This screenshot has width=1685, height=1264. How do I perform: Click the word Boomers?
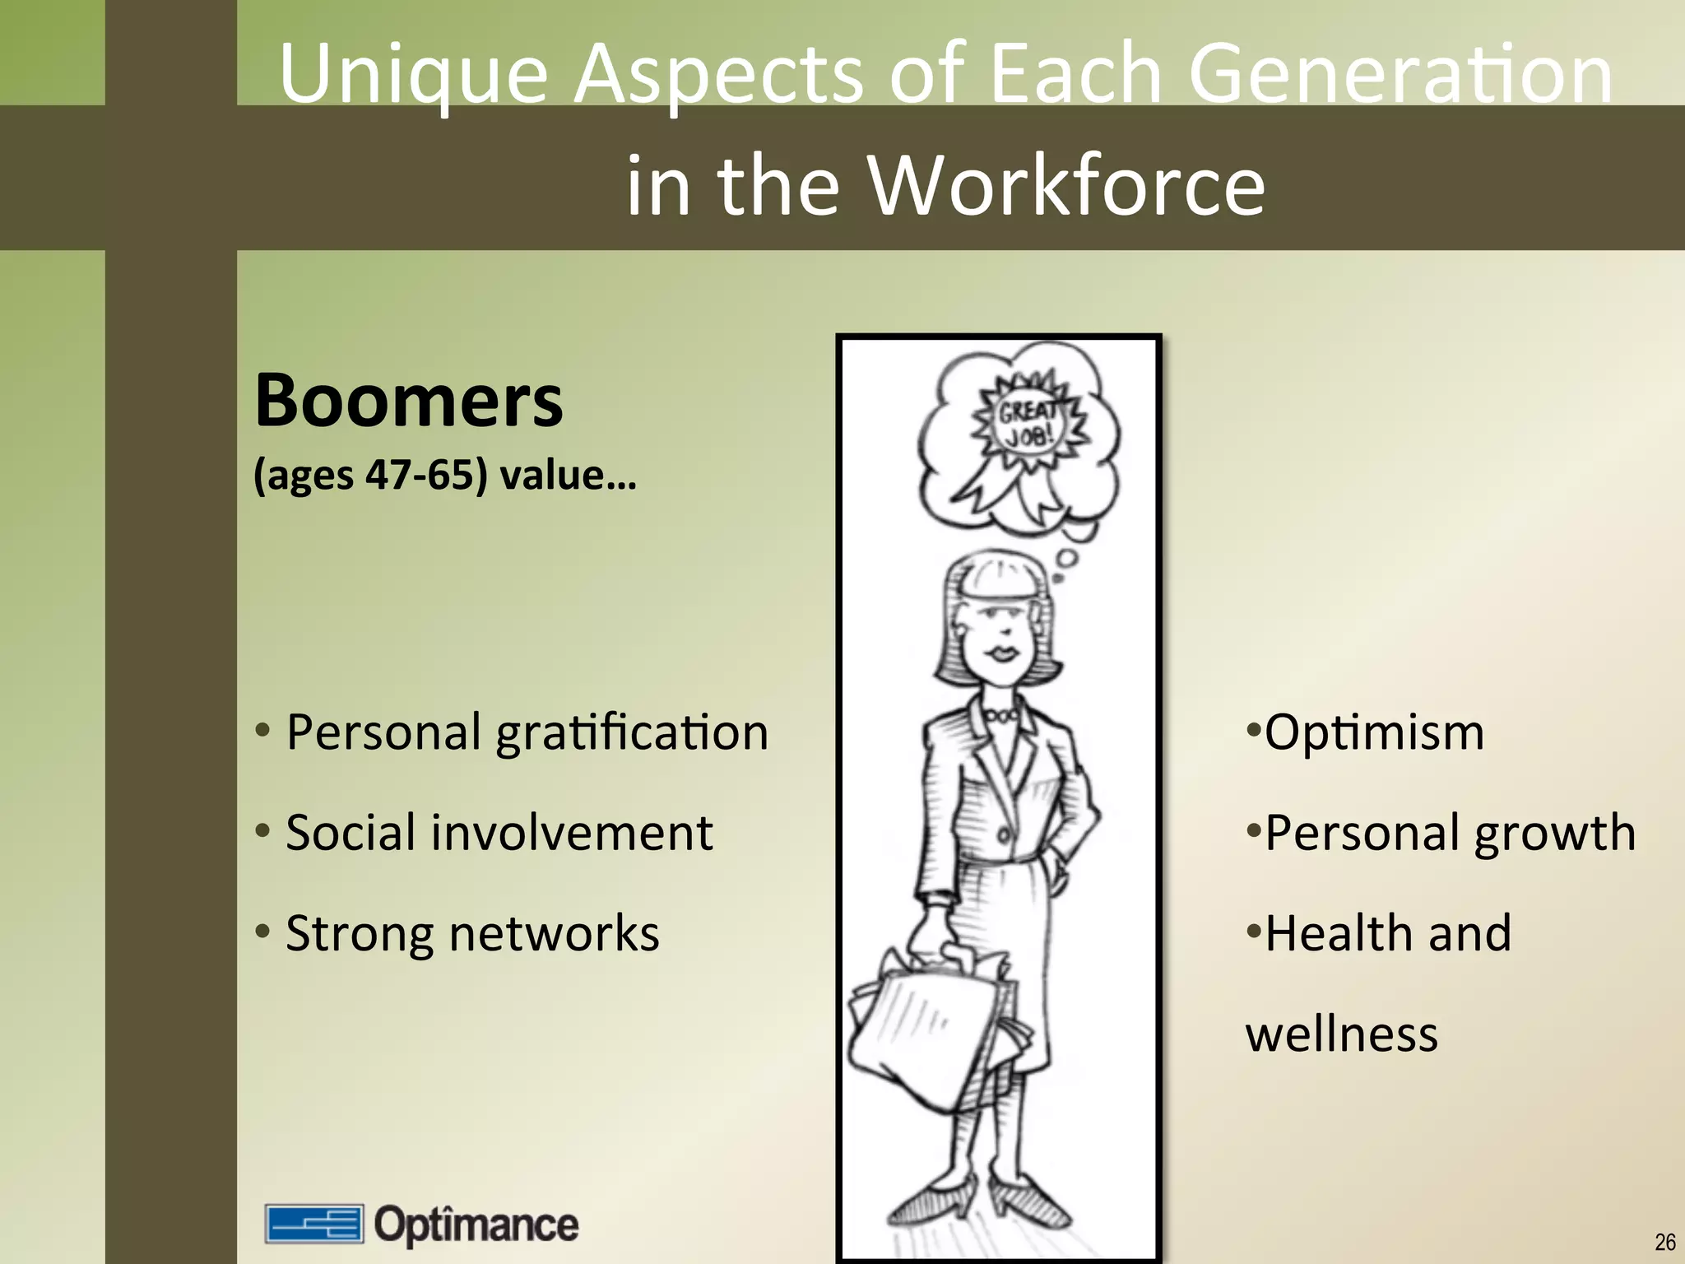click(409, 401)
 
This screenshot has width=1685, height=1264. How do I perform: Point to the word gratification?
click(632, 732)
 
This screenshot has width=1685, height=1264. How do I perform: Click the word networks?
click(554, 933)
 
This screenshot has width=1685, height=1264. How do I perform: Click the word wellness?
click(1342, 1034)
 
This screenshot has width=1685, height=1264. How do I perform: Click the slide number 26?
click(1664, 1242)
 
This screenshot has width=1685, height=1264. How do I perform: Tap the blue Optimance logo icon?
click(313, 1224)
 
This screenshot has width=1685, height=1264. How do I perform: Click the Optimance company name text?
click(476, 1224)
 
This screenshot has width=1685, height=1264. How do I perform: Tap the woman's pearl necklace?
click(1001, 716)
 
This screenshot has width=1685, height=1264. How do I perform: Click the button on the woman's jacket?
click(1004, 835)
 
